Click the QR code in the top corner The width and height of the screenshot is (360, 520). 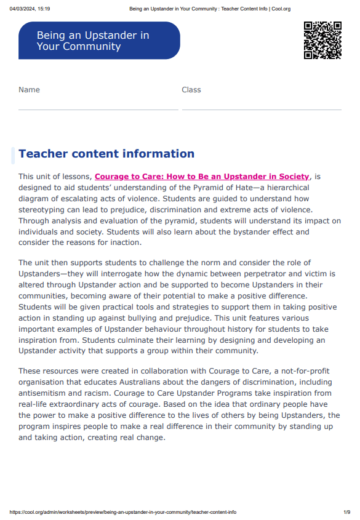click(322, 40)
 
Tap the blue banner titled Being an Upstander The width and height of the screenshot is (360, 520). click(99, 41)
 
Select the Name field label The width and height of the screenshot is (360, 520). click(29, 90)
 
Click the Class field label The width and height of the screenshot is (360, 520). click(191, 90)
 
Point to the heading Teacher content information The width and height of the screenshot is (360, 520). click(106, 154)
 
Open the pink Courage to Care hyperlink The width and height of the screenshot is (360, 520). click(202, 177)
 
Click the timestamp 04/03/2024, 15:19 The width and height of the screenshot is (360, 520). click(30, 9)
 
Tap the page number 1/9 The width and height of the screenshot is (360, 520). click(347, 512)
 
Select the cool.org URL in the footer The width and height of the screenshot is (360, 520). click(123, 512)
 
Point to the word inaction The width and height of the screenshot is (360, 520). click(124, 243)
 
